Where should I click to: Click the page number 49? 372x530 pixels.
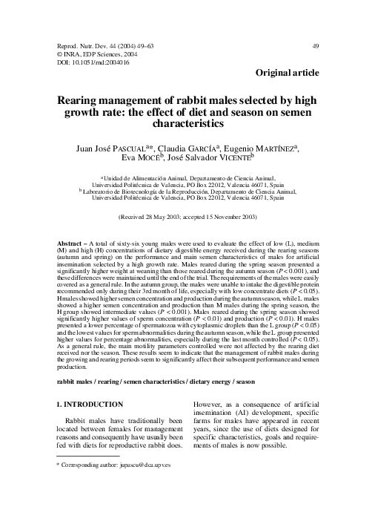coord(316,46)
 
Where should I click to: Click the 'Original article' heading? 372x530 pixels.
coord(287,73)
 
